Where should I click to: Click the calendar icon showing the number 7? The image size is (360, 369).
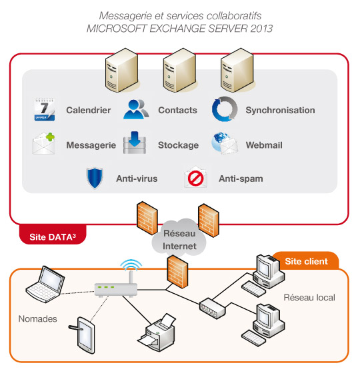point(45,109)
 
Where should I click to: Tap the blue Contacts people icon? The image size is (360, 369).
point(136,109)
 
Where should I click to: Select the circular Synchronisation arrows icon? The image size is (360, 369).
point(225,109)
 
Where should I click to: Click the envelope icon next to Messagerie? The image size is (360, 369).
point(43,143)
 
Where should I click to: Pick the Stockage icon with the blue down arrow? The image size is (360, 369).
point(135,143)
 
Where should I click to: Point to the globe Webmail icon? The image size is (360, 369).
point(225,143)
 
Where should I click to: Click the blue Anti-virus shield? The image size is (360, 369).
point(95,178)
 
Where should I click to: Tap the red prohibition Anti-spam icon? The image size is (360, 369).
point(195,177)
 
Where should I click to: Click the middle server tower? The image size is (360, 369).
point(180,70)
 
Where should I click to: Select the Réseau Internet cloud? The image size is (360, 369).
point(179,238)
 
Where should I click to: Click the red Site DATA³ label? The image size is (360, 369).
point(53,236)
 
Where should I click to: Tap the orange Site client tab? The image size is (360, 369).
point(306,260)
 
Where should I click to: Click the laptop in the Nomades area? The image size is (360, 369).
point(45,284)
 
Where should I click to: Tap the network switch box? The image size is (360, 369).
point(213,308)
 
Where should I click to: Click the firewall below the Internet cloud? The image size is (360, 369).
point(177,272)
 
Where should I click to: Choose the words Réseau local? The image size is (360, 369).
point(309,298)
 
